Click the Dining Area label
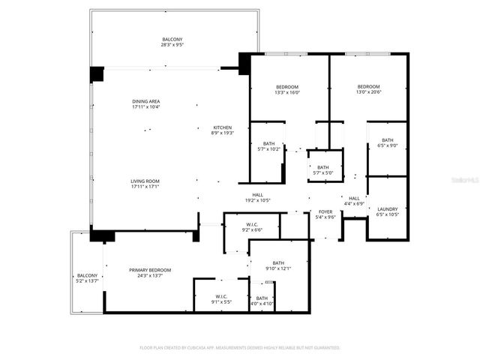[145, 101]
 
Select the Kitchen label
[223, 127]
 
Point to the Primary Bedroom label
[150, 270]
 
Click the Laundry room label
[388, 209]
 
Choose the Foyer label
[325, 212]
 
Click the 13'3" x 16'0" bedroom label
[287, 88]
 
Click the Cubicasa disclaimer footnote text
[240, 348]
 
